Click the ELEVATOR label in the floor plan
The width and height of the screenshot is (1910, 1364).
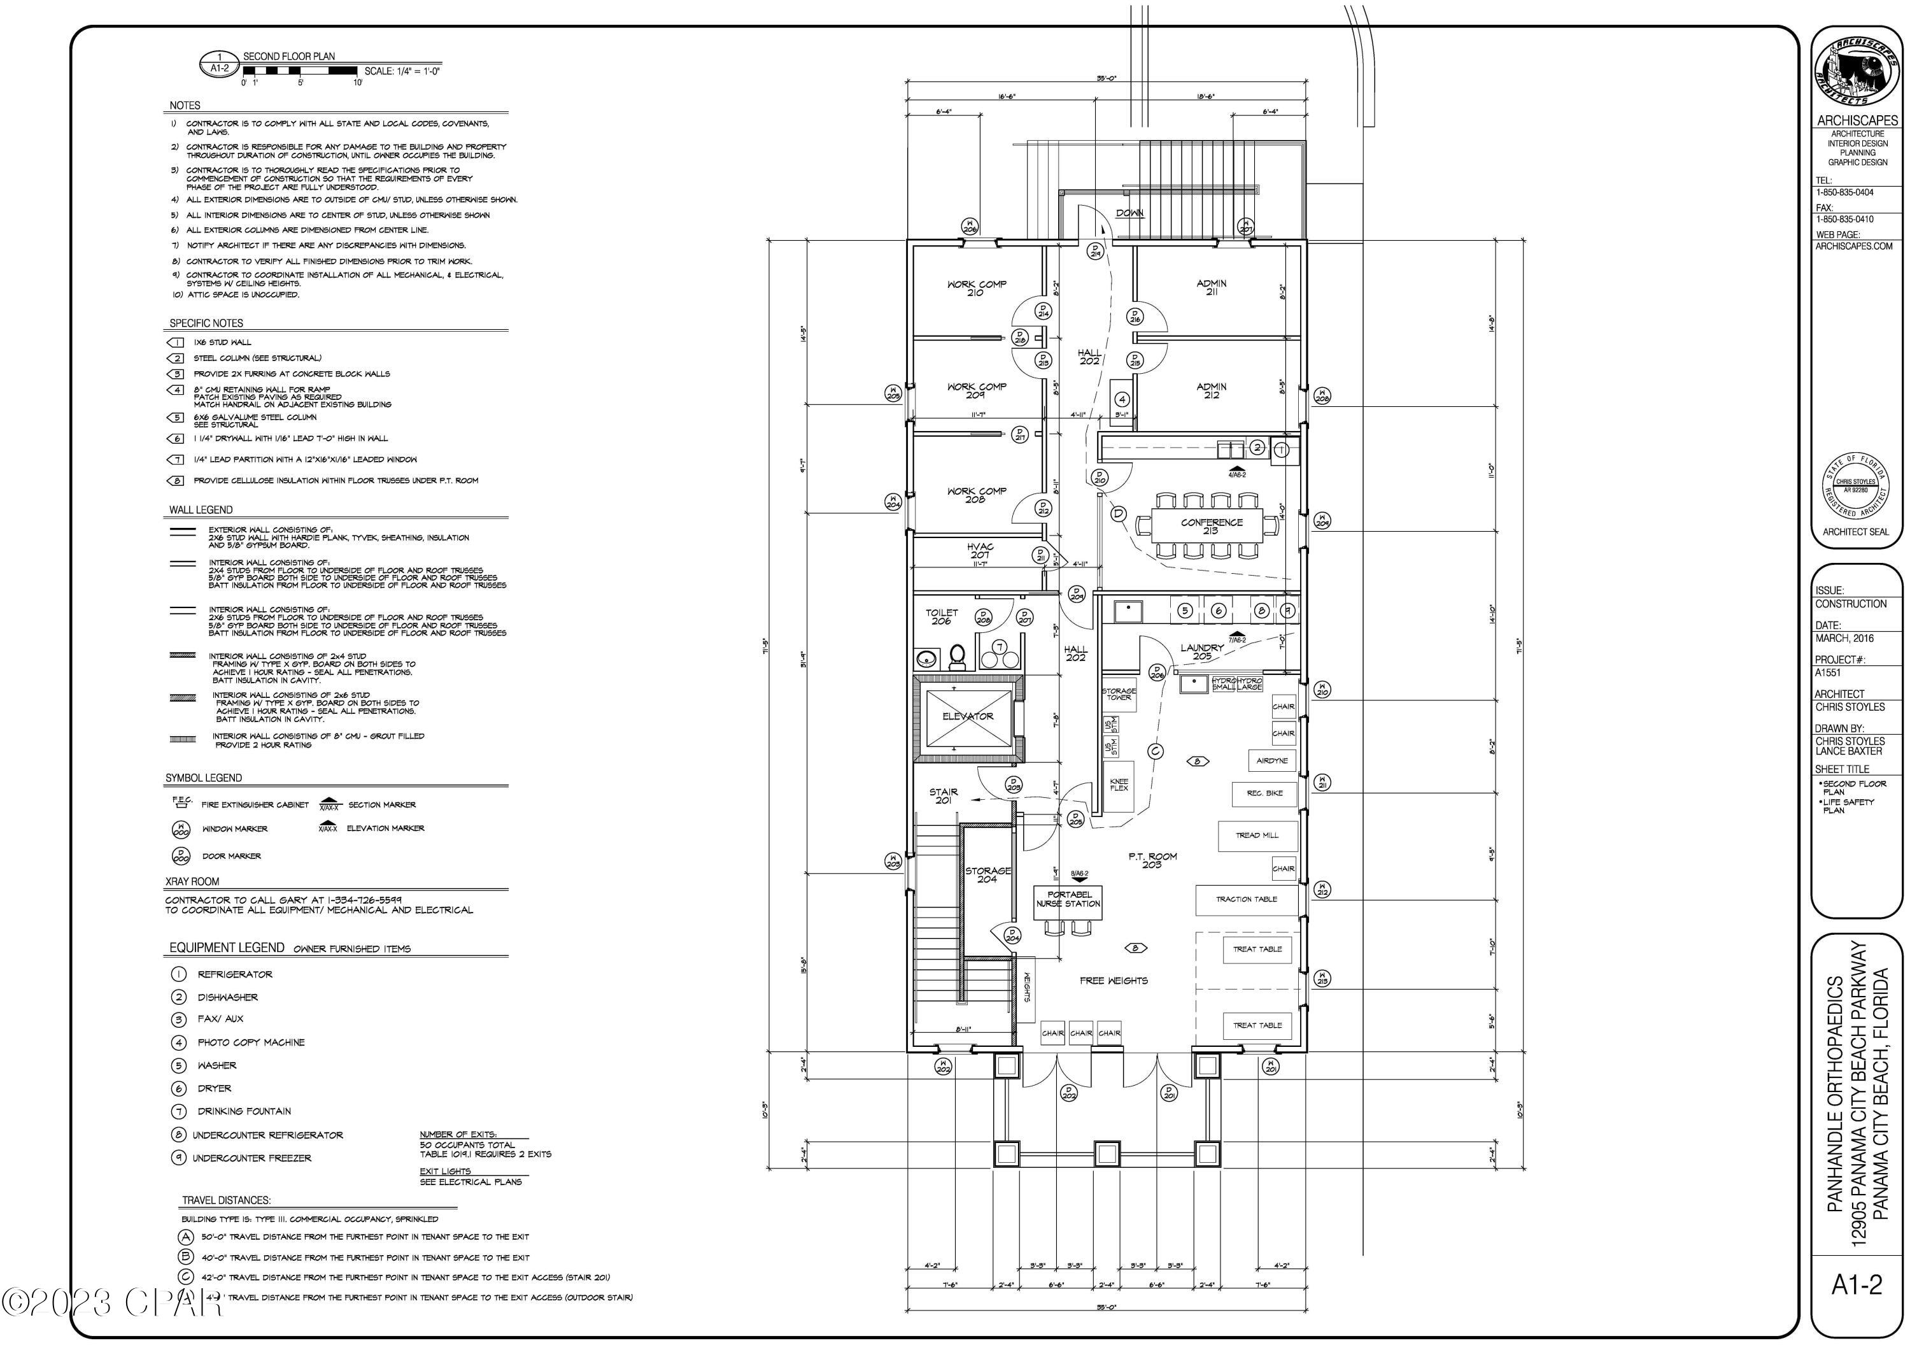click(967, 716)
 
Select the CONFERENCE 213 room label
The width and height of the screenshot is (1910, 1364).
click(1211, 527)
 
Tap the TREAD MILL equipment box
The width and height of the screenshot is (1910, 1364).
click(1257, 835)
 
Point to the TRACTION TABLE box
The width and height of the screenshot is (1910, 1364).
click(1246, 900)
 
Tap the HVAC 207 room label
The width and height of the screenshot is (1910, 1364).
click(979, 551)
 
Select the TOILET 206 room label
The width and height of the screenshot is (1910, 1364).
click(941, 616)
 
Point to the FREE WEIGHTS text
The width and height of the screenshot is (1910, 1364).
click(1114, 981)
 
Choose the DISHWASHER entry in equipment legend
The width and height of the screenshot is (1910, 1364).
click(227, 998)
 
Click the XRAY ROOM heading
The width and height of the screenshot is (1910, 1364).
click(192, 882)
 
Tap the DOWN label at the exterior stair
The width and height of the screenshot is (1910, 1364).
click(1129, 213)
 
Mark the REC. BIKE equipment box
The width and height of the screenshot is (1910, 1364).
click(1264, 793)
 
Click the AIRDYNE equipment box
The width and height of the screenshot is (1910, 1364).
click(1272, 761)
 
